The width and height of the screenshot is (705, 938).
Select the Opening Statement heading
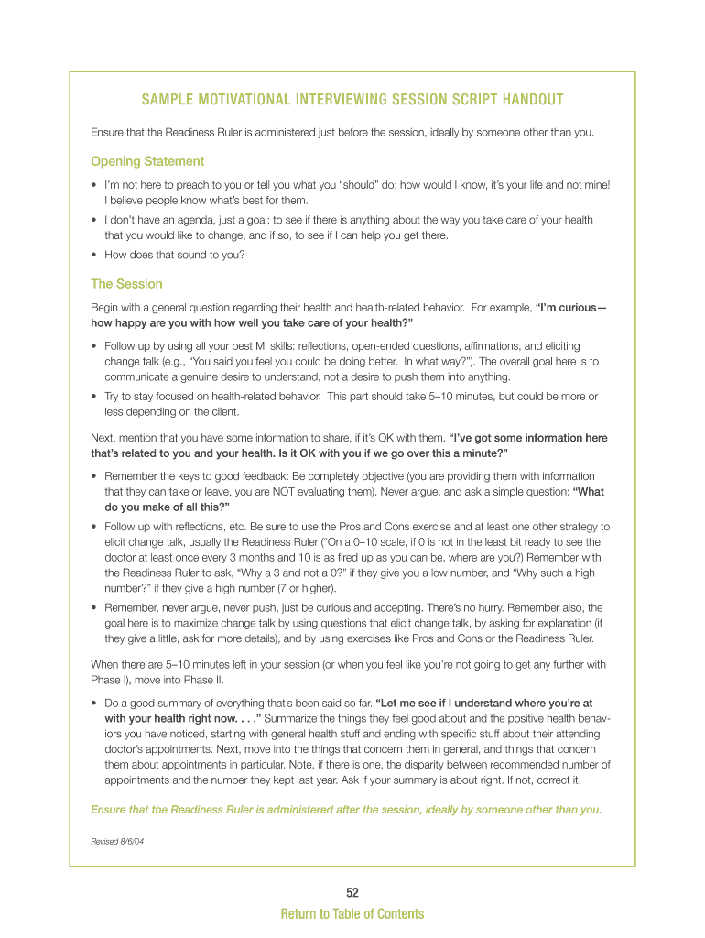click(x=147, y=161)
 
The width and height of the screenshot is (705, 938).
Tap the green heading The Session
click(x=126, y=284)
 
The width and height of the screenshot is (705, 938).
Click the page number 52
click(x=352, y=892)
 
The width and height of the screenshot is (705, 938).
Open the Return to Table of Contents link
click(x=352, y=913)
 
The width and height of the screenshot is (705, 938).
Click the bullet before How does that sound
click(x=94, y=255)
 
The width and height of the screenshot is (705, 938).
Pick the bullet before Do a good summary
click(x=94, y=703)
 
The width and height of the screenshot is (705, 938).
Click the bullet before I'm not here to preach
click(x=94, y=185)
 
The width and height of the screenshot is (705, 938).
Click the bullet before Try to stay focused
click(x=94, y=397)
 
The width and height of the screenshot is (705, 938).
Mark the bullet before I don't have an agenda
click(x=94, y=220)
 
